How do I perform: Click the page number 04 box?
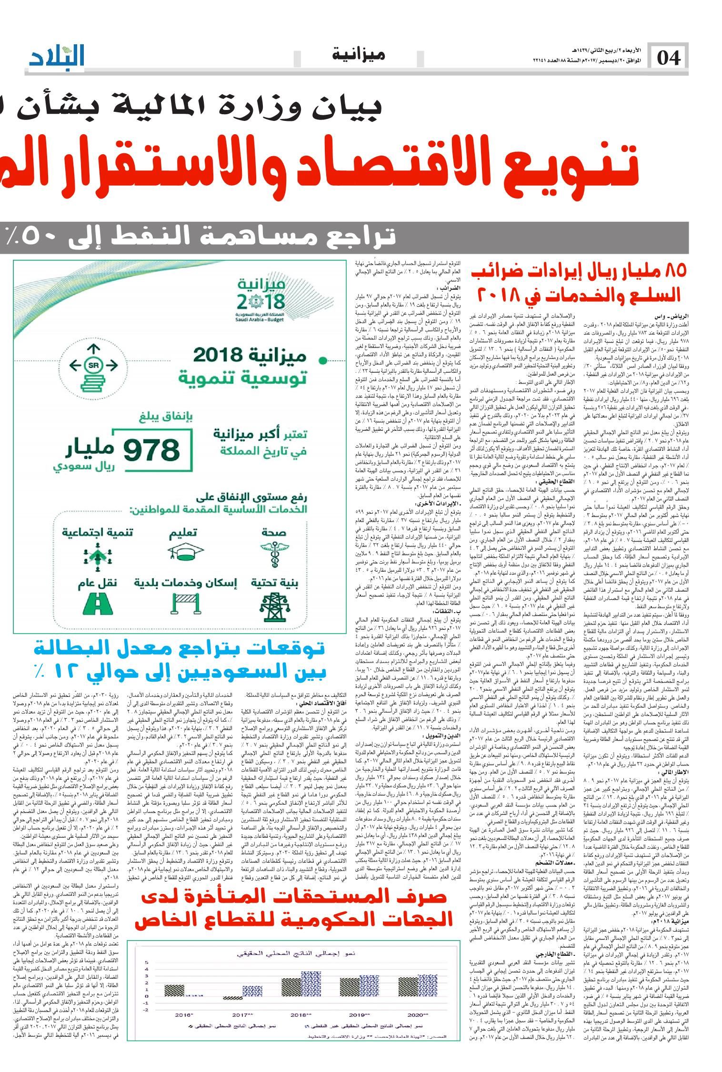tap(669, 58)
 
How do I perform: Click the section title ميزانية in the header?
tap(358, 54)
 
